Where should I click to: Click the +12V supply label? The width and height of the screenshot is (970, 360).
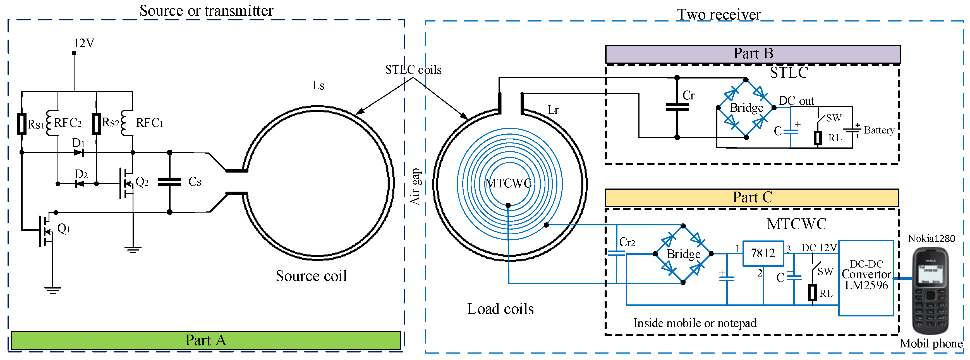(x=80, y=43)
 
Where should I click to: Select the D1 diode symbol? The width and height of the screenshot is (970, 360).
(x=79, y=152)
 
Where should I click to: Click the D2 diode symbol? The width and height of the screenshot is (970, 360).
(x=80, y=184)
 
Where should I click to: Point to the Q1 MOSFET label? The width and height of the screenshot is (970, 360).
(x=64, y=228)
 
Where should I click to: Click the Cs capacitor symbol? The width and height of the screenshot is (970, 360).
(x=169, y=182)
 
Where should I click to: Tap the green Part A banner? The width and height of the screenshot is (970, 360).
(x=206, y=340)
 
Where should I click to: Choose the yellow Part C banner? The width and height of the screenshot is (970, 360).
(x=752, y=198)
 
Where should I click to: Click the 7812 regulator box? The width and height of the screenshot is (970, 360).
(x=763, y=253)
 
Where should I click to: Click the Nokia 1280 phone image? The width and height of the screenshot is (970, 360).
(x=930, y=290)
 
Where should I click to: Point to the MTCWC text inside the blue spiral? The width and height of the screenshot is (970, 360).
(x=508, y=183)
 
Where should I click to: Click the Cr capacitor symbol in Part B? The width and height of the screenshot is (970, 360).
(x=677, y=107)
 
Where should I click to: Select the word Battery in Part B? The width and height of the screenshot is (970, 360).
(x=879, y=130)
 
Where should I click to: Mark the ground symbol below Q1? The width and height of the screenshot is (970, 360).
(x=52, y=290)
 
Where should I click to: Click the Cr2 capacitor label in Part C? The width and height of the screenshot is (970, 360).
(x=627, y=242)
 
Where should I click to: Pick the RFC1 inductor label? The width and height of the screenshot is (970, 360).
(x=150, y=123)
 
